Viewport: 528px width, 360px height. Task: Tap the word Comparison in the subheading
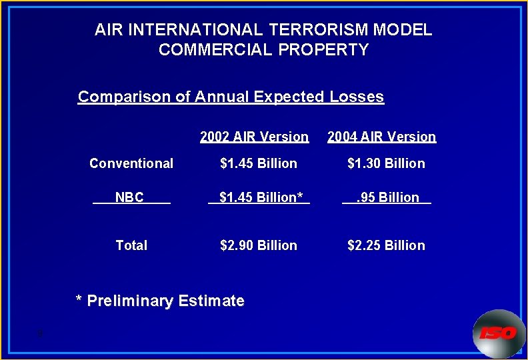(125, 97)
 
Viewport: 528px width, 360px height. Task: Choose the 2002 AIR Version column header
(254, 137)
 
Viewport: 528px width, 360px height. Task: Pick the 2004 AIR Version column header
(381, 137)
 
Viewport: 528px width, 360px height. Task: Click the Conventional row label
(131, 163)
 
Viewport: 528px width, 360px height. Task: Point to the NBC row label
(129, 197)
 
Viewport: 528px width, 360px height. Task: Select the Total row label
(131, 245)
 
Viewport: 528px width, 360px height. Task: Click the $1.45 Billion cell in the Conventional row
(259, 163)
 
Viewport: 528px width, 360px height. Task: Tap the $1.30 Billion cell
(386, 163)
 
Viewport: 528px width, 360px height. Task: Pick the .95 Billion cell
(387, 197)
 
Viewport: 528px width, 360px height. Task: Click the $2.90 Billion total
(259, 245)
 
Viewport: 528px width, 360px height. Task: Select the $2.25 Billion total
(386, 245)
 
